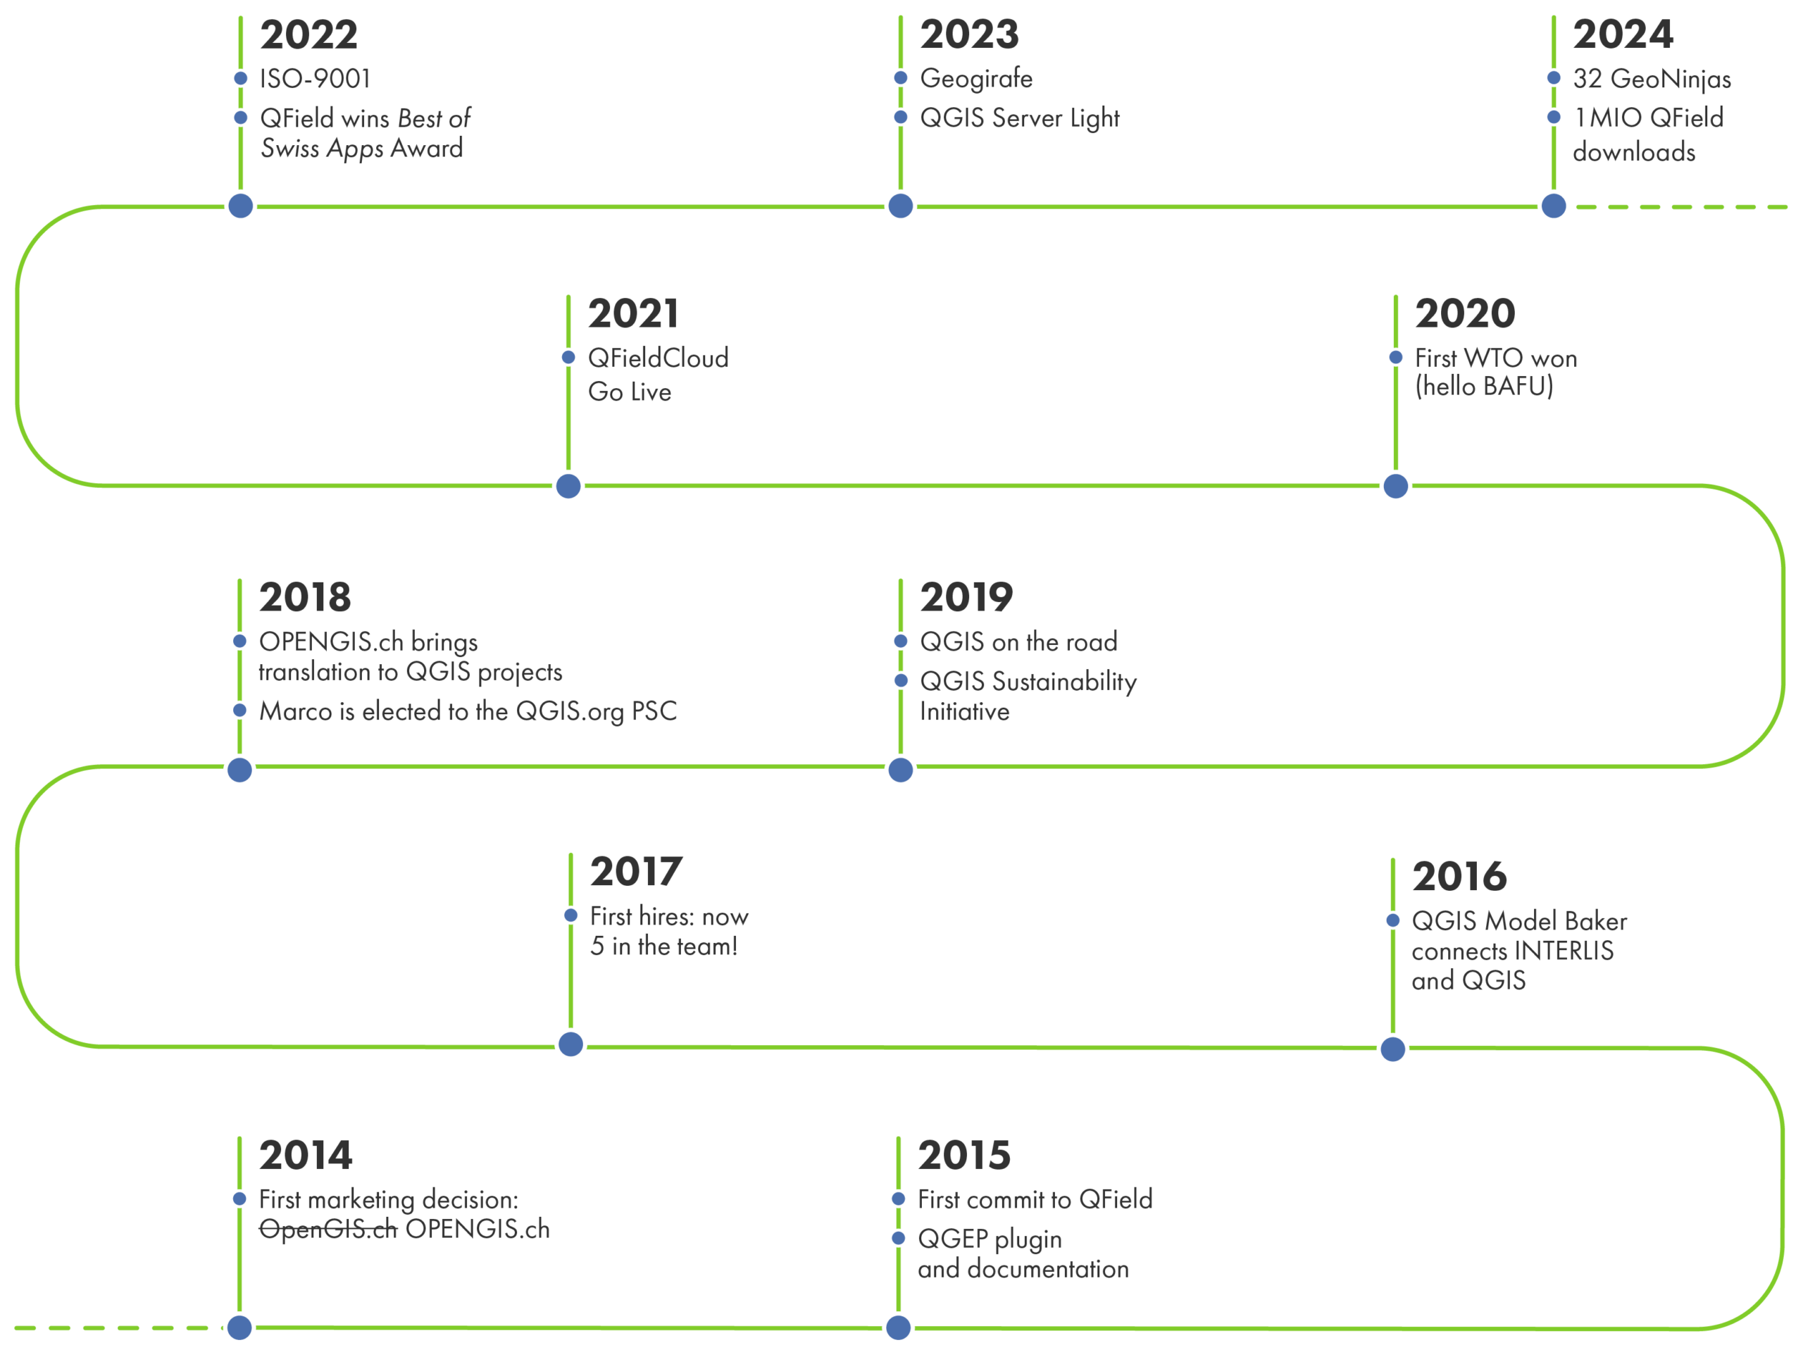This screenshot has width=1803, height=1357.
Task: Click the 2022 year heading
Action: click(x=308, y=35)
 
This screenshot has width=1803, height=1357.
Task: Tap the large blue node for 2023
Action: click(x=901, y=206)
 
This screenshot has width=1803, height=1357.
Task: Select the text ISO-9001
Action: click(x=315, y=79)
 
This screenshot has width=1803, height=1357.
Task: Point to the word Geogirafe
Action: click(x=975, y=79)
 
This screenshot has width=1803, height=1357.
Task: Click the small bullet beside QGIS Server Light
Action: click(x=901, y=118)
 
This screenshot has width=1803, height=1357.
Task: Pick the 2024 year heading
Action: click(x=1622, y=35)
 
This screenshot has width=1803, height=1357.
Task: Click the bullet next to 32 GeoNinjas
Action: click(x=1554, y=78)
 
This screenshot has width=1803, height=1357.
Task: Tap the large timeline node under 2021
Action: click(x=568, y=486)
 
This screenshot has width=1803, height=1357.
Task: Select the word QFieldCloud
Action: click(x=658, y=358)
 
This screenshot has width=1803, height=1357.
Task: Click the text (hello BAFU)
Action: click(x=1483, y=387)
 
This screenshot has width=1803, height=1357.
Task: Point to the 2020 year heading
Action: click(x=1464, y=314)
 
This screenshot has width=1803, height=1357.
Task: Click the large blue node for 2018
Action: click(x=239, y=770)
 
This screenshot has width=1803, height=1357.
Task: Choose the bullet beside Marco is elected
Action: click(x=239, y=711)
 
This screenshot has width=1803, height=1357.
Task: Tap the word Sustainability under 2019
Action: click(x=1068, y=682)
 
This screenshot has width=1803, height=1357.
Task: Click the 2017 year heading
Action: click(x=635, y=872)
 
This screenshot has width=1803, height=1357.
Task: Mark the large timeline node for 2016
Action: click(x=1393, y=1049)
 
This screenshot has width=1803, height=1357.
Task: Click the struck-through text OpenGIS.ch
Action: click(x=327, y=1229)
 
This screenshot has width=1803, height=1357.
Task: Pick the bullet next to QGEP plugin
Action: click(x=898, y=1239)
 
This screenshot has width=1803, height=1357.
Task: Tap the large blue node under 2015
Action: click(x=898, y=1327)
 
